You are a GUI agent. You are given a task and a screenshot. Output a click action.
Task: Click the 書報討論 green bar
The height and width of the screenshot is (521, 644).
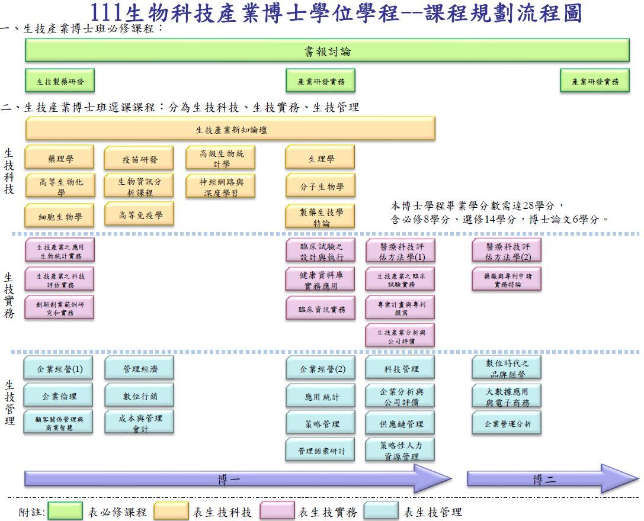pyautogui.click(x=327, y=51)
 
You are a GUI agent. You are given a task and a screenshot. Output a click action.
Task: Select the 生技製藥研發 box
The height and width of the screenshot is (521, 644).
pyautogui.click(x=60, y=81)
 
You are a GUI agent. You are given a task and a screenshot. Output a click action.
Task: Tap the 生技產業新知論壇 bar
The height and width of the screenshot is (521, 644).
pyautogui.click(x=230, y=129)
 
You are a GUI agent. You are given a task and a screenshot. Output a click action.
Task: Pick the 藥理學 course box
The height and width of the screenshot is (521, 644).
pyautogui.click(x=59, y=158)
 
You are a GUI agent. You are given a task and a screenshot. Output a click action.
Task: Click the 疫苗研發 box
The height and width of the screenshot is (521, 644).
pyautogui.click(x=139, y=159)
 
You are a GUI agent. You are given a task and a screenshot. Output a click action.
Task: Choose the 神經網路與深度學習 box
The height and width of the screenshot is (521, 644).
pyautogui.click(x=222, y=186)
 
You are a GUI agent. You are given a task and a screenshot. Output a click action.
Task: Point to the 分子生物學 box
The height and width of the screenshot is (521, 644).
pyautogui.click(x=321, y=187)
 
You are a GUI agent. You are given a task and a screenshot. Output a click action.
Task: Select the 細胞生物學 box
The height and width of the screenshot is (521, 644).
pyautogui.click(x=59, y=216)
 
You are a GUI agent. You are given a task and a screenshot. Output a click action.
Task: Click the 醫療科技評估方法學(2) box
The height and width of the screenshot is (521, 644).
pyautogui.click(x=507, y=251)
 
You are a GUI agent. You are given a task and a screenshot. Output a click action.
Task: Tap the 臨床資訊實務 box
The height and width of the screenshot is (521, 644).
pyautogui.click(x=321, y=308)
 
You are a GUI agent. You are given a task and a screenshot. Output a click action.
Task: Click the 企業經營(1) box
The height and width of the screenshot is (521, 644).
pyautogui.click(x=59, y=369)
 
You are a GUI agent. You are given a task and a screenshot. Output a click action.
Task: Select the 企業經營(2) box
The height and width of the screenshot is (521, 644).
pyautogui.click(x=321, y=369)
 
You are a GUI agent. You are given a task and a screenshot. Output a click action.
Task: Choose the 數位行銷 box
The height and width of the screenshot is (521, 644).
pyautogui.click(x=139, y=396)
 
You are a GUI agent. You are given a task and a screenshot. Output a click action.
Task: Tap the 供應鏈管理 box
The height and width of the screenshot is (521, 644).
pyautogui.click(x=401, y=423)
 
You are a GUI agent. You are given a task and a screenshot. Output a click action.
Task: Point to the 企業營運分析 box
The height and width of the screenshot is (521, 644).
pyautogui.click(x=507, y=423)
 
